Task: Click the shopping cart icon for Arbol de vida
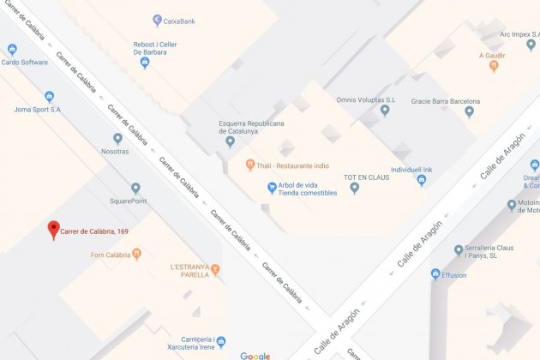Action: [272, 188]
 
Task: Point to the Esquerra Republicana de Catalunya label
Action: [252, 127]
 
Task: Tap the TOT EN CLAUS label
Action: [366, 177]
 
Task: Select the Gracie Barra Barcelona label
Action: [445, 101]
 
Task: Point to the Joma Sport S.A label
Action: [38, 110]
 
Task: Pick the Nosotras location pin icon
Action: [117, 138]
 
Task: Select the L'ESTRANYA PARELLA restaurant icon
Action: [216, 271]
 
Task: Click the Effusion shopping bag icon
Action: [436, 274]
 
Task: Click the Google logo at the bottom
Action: [255, 354]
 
